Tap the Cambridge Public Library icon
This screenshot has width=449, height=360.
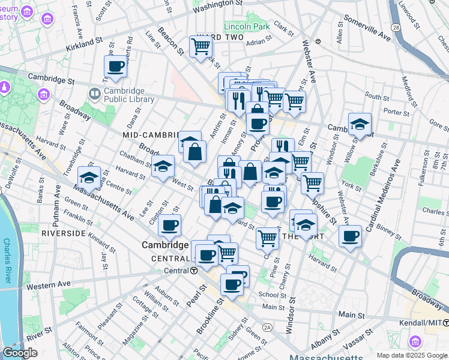(94, 94)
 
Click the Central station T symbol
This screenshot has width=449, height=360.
(194, 271)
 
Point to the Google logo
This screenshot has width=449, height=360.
(20, 353)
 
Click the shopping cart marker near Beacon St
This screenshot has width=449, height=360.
(200, 46)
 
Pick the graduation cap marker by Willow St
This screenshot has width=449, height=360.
(360, 124)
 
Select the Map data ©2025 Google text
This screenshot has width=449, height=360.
(411, 355)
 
